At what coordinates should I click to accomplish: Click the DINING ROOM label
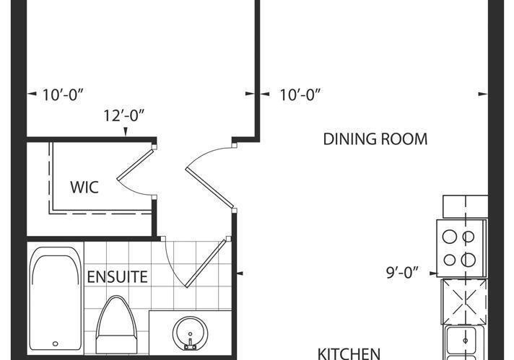coord(375,139)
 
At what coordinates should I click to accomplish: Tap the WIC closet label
coord(84,187)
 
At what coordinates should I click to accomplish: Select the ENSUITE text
coord(118,277)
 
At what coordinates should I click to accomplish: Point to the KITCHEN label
coord(349,354)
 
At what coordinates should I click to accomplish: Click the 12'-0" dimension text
coord(124,115)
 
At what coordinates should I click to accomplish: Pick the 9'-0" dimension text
coord(402,272)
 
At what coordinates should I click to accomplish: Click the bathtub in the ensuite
coord(55,299)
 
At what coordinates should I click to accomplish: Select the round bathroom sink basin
coord(190,333)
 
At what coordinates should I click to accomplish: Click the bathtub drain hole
coord(56,343)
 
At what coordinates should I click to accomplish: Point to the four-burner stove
coord(461,248)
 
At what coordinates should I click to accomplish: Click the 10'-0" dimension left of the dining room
coord(300,95)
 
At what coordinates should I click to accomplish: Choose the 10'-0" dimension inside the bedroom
coord(63,95)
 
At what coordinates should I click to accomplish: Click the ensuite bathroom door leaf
coord(206,263)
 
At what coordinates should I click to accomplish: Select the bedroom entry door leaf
coord(210,188)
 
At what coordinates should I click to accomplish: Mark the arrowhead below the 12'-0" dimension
coord(125,132)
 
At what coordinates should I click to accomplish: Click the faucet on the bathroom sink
coord(190,343)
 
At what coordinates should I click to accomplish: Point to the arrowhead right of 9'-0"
coord(433,273)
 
